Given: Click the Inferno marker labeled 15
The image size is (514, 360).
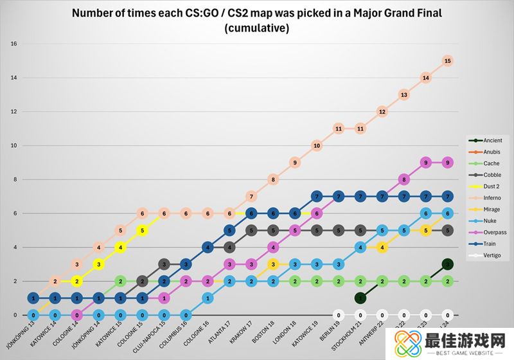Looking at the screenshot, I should (x=448, y=61).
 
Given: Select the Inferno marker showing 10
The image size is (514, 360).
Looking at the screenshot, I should (x=316, y=146).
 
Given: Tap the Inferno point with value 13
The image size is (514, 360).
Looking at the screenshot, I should (x=403, y=94).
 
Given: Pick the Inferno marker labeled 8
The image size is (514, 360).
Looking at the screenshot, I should (x=272, y=179).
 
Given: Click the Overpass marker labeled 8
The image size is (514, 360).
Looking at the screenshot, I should (x=403, y=179).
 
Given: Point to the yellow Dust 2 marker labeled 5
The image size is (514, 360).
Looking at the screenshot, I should (x=141, y=230).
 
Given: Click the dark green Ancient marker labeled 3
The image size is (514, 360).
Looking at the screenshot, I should (x=448, y=264).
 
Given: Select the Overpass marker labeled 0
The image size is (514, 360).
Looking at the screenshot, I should (x=76, y=315).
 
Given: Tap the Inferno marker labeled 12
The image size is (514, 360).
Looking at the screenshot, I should (x=382, y=112).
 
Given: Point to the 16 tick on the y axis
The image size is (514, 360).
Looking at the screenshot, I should (x=13, y=44).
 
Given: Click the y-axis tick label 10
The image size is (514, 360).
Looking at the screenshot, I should (x=13, y=146).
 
